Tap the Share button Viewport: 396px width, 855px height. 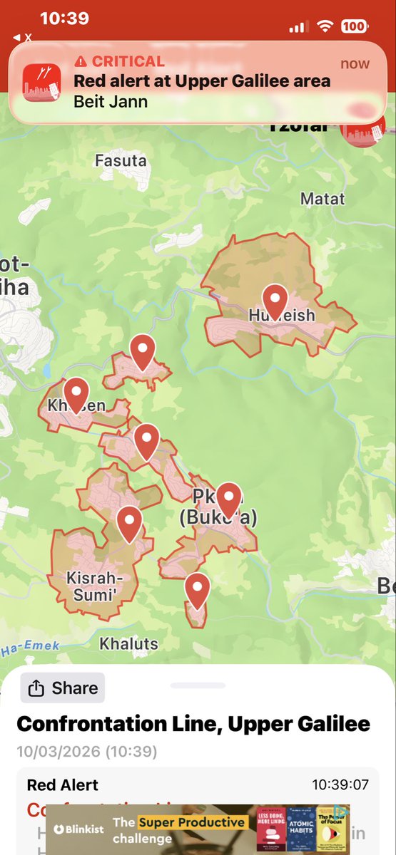pyautogui.click(x=62, y=688)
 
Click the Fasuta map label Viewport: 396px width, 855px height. pyautogui.click(x=121, y=161)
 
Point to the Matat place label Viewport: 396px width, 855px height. pyautogui.click(x=323, y=199)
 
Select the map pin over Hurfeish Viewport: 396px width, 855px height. pyautogui.click(x=275, y=299)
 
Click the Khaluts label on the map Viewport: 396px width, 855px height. pyautogui.click(x=128, y=644)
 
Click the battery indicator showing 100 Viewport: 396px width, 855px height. pyautogui.click(x=354, y=26)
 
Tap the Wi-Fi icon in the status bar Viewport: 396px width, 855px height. pyautogui.click(x=326, y=26)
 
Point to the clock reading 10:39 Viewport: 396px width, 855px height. pyautogui.click(x=64, y=19)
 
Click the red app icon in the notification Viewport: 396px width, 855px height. pyautogui.click(x=42, y=82)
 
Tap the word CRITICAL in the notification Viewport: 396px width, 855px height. pyautogui.click(x=128, y=61)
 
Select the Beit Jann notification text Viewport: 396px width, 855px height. pyautogui.click(x=111, y=100)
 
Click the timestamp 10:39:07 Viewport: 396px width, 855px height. pyautogui.click(x=340, y=785)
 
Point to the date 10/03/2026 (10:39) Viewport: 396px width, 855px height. pyautogui.click(x=87, y=752)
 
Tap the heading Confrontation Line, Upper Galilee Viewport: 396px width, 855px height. pyautogui.click(x=193, y=725)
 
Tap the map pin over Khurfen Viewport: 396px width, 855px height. pyautogui.click(x=76, y=393)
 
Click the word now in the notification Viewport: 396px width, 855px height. pyautogui.click(x=355, y=63)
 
